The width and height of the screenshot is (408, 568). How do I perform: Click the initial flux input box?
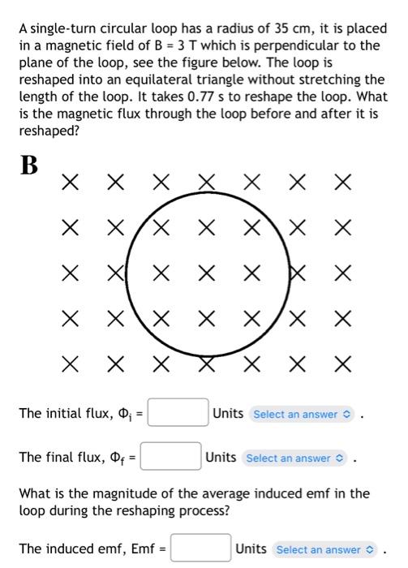(x=178, y=414)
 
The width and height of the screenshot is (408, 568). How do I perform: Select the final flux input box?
(x=171, y=458)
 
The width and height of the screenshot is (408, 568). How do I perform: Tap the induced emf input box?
(x=201, y=549)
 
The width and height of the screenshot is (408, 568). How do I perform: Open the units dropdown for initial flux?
(x=302, y=414)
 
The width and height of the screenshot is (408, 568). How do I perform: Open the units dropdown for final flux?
(x=294, y=458)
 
